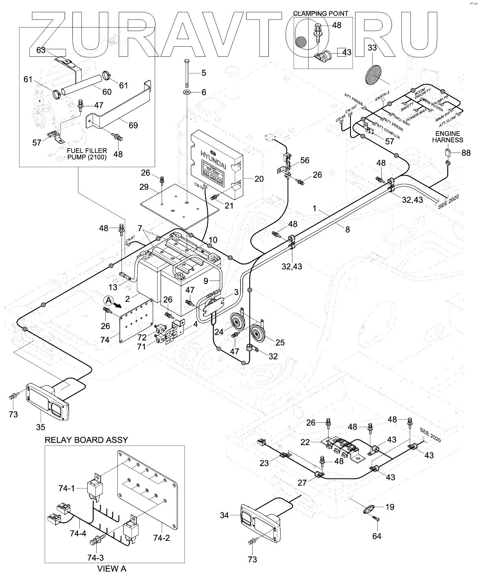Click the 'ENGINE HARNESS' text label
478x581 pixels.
coord(447,137)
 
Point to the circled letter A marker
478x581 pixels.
coord(108,301)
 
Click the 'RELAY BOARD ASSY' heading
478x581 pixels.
coord(86,440)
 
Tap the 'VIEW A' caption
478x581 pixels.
coord(112,569)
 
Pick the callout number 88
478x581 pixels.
coord(466,153)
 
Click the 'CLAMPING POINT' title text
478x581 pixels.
coord(321,13)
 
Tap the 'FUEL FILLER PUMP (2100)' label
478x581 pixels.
coord(87,154)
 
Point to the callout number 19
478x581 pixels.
coord(390,507)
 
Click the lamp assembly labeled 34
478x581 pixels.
coord(260,523)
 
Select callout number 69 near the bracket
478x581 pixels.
coord(133,125)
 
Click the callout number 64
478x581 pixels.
coord(377,536)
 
